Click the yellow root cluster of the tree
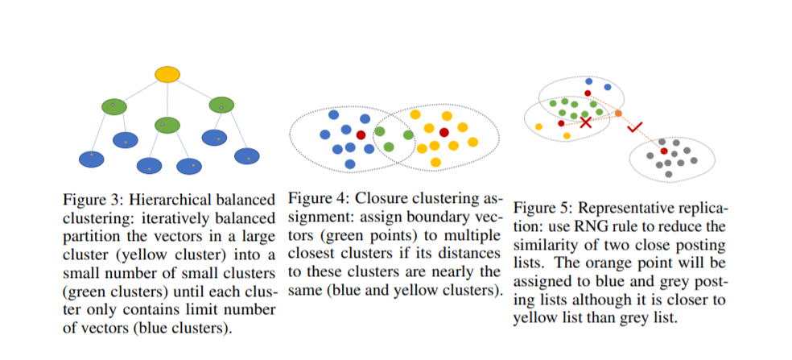point(167,75)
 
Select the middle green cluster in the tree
point(167,125)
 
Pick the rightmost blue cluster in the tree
point(246,155)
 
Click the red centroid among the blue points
point(361,134)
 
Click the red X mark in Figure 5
point(586,122)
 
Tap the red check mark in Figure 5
point(635,126)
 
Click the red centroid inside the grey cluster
point(663,151)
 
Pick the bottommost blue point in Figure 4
point(350,164)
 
